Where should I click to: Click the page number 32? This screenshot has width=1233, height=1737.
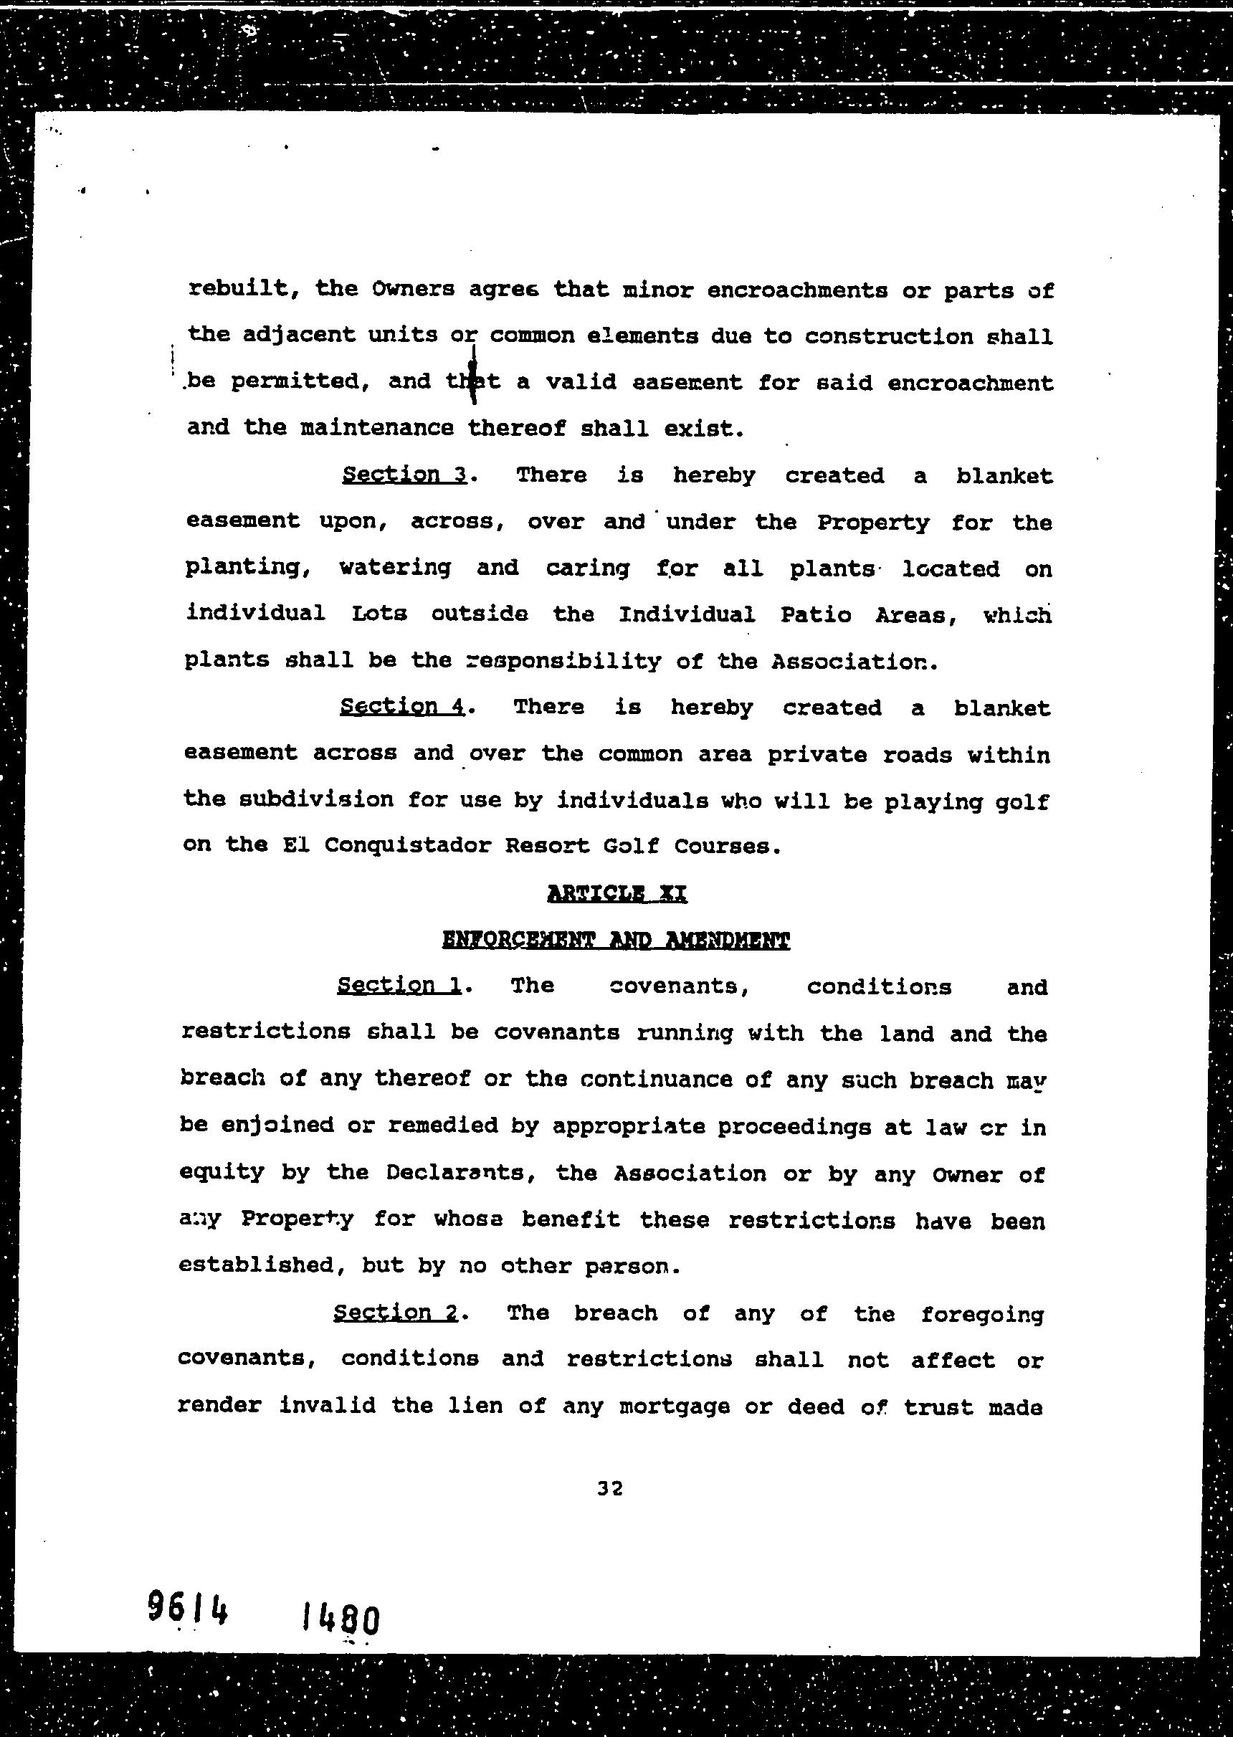[609, 1489]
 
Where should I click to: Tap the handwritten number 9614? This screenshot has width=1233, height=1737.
[187, 1626]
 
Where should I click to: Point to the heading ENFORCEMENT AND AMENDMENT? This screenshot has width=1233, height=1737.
[616, 941]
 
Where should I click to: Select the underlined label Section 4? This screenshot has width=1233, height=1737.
[401, 707]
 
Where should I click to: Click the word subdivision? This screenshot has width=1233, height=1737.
[315, 799]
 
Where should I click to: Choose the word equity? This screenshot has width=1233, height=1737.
[222, 1173]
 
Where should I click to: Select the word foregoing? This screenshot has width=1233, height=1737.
[981, 1314]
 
